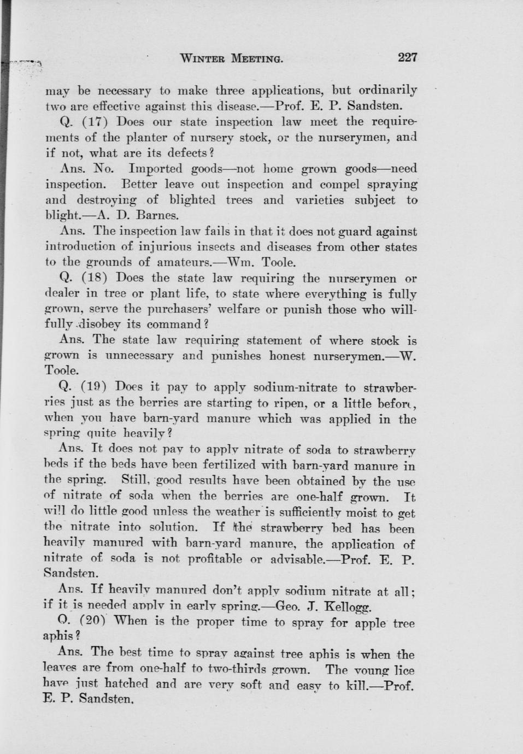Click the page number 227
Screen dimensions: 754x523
point(408,57)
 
